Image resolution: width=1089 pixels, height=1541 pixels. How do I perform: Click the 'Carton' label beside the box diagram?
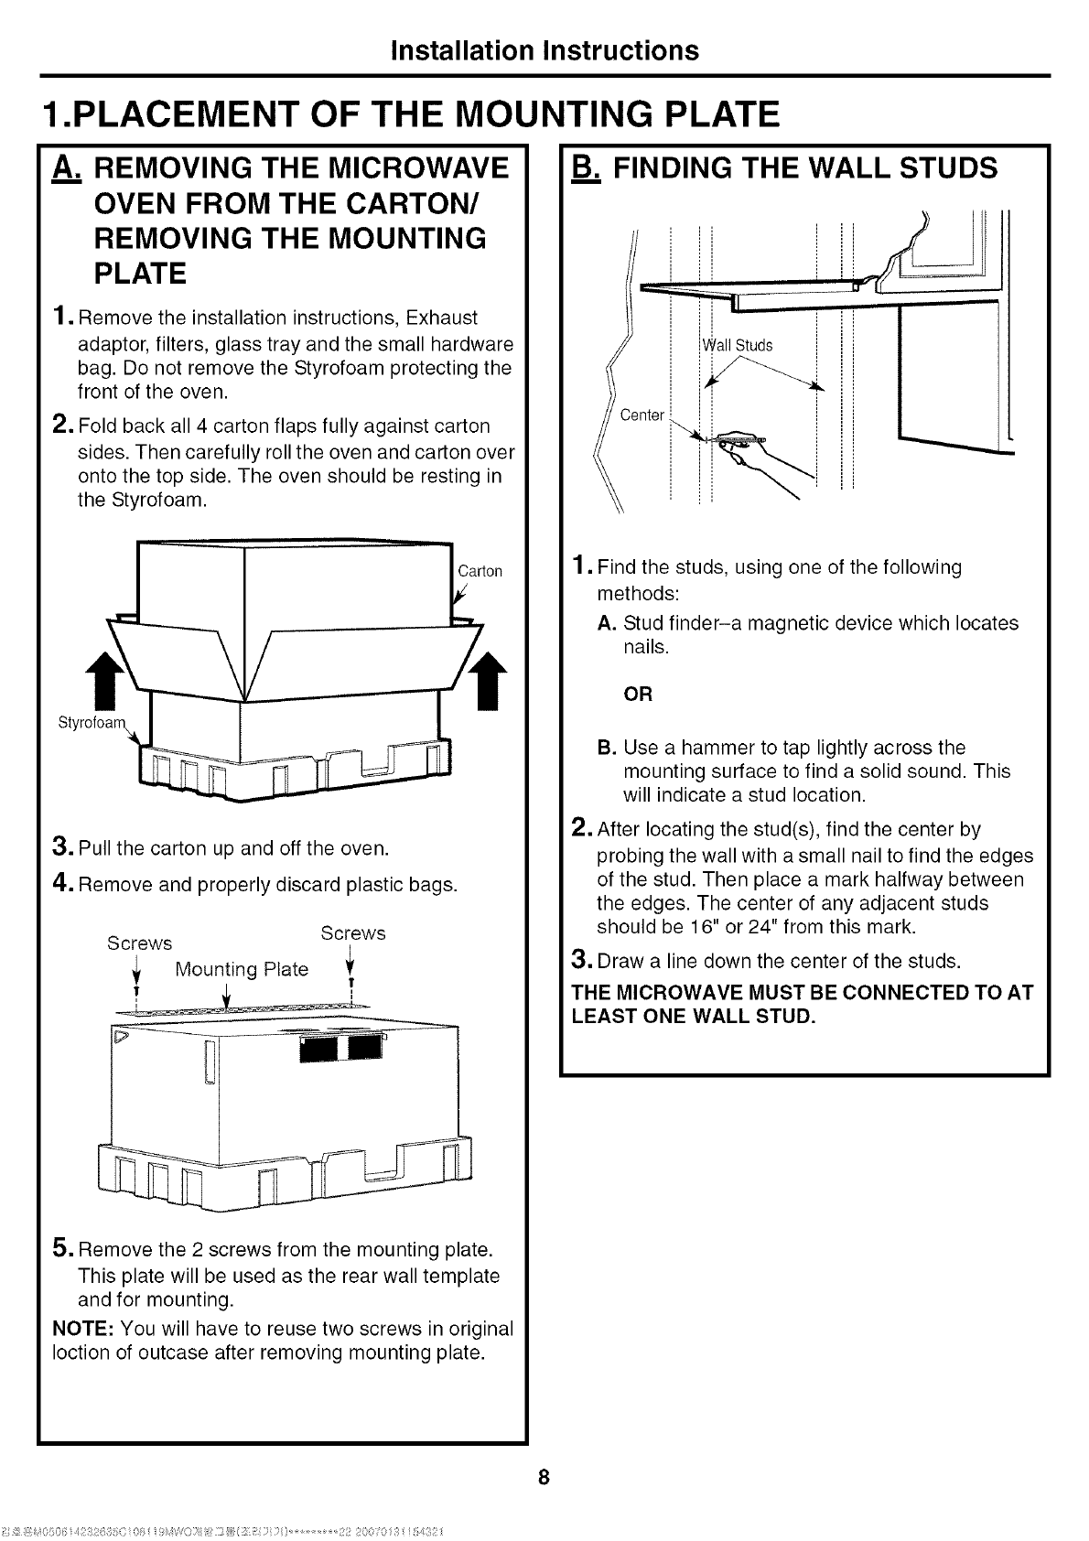(480, 572)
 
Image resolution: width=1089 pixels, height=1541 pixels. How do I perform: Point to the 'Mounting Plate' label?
(242, 969)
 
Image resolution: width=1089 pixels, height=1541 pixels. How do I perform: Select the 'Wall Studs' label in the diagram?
(738, 345)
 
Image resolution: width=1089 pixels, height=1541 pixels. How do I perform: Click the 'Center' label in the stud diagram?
(642, 415)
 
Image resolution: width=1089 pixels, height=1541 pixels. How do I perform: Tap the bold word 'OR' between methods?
(638, 695)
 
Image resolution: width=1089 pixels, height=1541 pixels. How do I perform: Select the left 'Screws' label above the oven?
(139, 943)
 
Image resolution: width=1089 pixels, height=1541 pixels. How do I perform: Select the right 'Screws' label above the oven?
(353, 933)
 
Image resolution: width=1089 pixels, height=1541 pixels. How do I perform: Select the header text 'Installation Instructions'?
(544, 49)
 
